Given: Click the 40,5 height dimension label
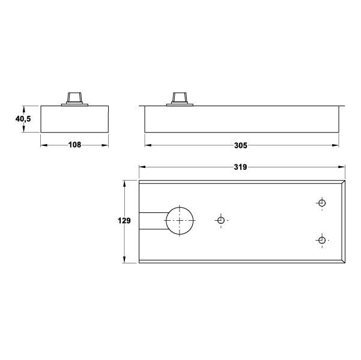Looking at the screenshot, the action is coord(23,119).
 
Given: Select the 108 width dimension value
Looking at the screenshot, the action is coord(74,145).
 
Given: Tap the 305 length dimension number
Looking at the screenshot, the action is coord(241,145).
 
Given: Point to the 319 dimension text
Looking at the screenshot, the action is coord(241,167).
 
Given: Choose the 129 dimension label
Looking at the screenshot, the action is coord(124,221).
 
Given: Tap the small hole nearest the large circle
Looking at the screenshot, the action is coord(221,220).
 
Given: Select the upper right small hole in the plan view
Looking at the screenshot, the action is coord(322,203).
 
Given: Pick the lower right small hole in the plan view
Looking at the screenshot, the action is coord(322,241).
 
